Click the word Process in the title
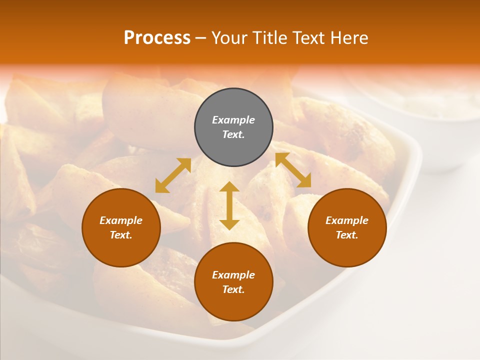coord(157,38)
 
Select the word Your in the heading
coord(228,38)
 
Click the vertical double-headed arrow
coord(229,205)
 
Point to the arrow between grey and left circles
coord(173,175)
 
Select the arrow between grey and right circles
coord(293,170)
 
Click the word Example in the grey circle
coord(233,120)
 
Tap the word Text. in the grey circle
coord(233,134)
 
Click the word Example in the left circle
coord(121,220)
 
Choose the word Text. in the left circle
coord(121,235)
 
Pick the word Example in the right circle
coord(347,220)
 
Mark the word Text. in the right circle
coord(347,235)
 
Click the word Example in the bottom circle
coord(233,275)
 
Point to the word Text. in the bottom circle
coord(233,289)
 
